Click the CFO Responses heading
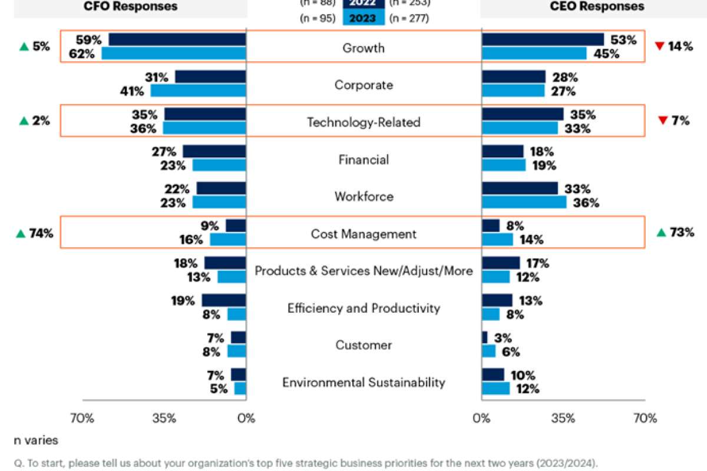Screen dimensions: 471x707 tap(131, 6)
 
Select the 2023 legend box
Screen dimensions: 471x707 tap(364, 18)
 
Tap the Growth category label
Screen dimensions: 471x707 tap(364, 48)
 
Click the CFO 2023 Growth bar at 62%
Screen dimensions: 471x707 tap(174, 54)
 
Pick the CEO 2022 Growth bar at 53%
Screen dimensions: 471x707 tap(543, 39)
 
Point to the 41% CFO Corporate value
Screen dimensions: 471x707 tap(132, 91)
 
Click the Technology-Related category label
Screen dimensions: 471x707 tap(364, 122)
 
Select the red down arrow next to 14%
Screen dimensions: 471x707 tap(660, 47)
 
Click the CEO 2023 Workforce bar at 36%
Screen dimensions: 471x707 tap(524, 203)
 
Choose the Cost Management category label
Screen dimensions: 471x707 tap(364, 234)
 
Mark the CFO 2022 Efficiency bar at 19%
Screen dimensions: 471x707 tap(224, 300)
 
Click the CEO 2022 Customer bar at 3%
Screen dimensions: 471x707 tap(484, 337)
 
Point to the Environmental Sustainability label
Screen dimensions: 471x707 tap(364, 383)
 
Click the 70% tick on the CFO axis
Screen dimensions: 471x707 tap(82, 419)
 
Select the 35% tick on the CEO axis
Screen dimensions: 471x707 tap(563, 419)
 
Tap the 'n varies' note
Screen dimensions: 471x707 tap(37, 440)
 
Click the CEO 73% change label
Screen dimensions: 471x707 tap(680, 233)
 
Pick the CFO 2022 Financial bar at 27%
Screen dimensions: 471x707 tap(214, 151)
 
